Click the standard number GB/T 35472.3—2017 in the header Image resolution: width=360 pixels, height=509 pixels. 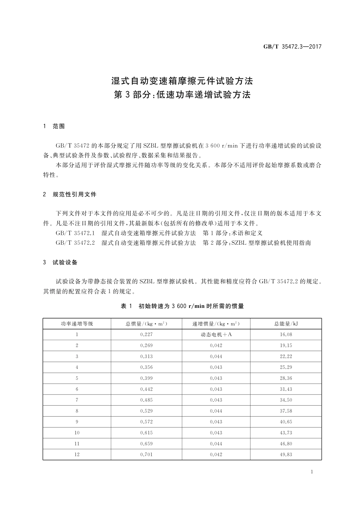coord(292,47)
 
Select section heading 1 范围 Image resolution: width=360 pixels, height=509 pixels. coord(54,126)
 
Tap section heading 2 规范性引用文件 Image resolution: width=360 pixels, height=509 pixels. coord(70,194)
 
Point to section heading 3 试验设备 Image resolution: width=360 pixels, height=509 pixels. coord(61,262)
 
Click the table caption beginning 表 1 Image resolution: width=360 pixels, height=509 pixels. coord(182,306)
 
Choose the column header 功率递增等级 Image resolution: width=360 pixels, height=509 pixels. coord(77,324)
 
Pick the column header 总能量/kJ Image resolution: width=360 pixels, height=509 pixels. coord(286,324)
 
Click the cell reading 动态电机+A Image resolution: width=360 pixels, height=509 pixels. coord(216,334)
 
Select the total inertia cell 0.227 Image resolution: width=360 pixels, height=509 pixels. coord(146,334)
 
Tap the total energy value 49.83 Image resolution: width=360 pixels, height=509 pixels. coord(286,454)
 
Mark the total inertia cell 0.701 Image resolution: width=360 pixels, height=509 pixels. coord(146,454)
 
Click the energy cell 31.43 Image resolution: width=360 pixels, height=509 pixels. coord(286,389)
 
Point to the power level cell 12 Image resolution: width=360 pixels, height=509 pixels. coord(77,454)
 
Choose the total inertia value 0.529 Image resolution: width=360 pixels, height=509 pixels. coord(146,411)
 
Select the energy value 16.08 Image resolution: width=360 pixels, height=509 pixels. coord(286,334)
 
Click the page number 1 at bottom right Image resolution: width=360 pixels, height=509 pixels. coord(311,472)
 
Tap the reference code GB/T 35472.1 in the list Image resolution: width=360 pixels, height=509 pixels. coord(75,233)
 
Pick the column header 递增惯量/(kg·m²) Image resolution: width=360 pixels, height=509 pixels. coord(216,324)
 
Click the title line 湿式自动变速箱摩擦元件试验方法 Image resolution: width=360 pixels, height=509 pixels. coord(182,81)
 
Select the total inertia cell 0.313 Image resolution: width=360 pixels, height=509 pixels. coord(146,356)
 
